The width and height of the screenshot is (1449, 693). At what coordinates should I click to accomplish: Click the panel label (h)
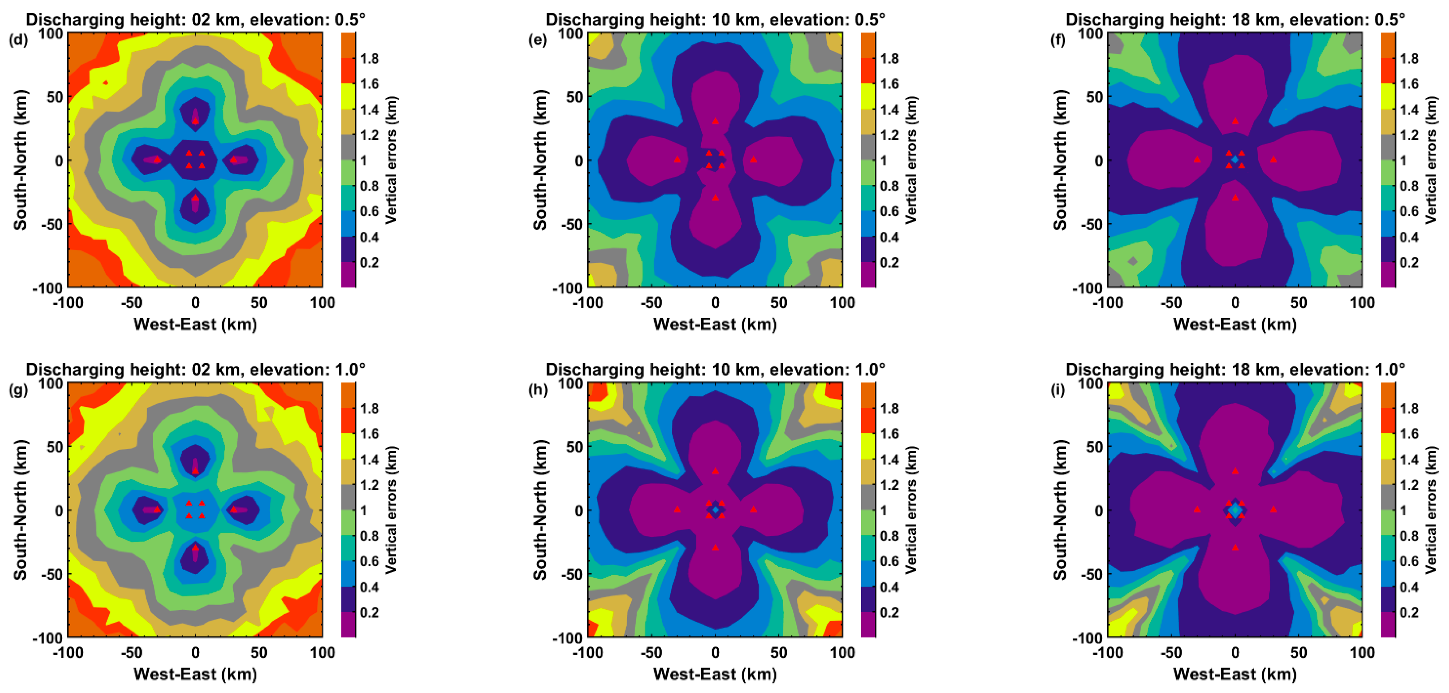pyautogui.click(x=538, y=390)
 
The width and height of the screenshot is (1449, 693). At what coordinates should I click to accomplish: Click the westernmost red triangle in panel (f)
pyautogui.click(x=1196, y=159)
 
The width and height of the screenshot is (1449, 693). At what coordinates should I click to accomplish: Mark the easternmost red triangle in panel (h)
pyautogui.click(x=753, y=510)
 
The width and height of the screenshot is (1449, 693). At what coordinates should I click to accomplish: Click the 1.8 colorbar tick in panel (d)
pyautogui.click(x=369, y=58)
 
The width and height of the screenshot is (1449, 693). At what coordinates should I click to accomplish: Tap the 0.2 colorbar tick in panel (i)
pyautogui.click(x=1409, y=612)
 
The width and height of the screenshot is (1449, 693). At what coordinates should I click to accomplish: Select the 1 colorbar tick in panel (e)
pyautogui.click(x=883, y=160)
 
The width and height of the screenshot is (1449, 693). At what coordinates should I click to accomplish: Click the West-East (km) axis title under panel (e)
pyautogui.click(x=715, y=324)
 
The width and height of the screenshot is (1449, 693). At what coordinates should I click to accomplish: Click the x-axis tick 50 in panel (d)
pyautogui.click(x=259, y=303)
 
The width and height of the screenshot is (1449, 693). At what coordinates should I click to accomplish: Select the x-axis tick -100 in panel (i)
pyautogui.click(x=1108, y=653)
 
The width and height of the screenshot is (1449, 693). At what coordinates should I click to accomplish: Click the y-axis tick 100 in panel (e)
pyautogui.click(x=570, y=33)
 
